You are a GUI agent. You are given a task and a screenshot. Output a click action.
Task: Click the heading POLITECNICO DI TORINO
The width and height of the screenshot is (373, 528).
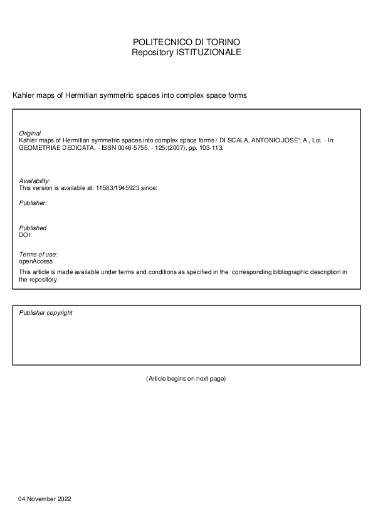(186, 42)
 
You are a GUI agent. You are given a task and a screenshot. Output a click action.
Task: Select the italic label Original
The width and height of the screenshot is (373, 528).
(29, 134)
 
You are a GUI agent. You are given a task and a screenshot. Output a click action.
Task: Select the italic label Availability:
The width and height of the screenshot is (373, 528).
(34, 181)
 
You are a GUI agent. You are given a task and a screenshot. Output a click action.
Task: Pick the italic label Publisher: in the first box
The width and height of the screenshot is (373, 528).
(33, 203)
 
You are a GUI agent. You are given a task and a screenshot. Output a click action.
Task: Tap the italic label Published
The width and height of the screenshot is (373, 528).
(33, 228)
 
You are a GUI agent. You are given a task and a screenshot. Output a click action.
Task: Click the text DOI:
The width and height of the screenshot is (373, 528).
(26, 235)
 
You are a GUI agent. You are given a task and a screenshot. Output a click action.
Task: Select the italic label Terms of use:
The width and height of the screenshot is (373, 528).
(38, 254)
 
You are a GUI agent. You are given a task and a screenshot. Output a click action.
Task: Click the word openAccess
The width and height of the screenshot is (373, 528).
(36, 261)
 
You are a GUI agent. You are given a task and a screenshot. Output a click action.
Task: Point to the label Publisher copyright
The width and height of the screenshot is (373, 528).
(46, 312)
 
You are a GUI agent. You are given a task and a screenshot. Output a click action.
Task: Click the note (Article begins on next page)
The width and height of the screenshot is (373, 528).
(186, 379)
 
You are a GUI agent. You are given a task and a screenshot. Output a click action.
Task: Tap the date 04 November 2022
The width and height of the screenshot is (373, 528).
(45, 499)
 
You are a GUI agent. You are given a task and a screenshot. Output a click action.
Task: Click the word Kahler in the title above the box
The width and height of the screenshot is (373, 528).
(23, 95)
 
